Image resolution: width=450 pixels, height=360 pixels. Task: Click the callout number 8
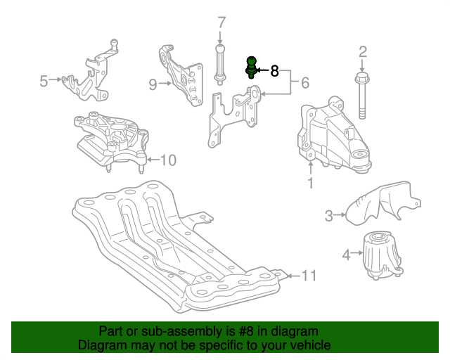tap(275, 70)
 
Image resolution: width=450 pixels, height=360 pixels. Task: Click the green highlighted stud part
tap(251, 67)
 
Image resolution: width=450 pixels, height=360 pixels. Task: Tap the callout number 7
tap(221, 22)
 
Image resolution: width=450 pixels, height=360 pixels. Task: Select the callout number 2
tap(363, 52)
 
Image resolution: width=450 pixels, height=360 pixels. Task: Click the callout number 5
tap(44, 81)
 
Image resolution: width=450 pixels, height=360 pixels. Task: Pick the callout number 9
tap(153, 84)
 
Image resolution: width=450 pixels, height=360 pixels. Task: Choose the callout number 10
tap(168, 160)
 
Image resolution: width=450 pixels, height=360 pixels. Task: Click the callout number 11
tap(309, 276)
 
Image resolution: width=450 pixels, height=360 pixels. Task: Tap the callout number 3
tap(329, 216)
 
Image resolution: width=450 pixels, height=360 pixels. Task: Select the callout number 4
tap(347, 255)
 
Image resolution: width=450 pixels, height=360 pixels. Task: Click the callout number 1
tap(311, 183)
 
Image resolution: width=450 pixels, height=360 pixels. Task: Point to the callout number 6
tap(305, 83)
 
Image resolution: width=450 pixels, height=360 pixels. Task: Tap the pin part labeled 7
tap(220, 65)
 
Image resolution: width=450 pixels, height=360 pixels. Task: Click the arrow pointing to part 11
tap(293, 276)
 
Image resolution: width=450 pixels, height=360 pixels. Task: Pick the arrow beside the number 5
tap(55, 79)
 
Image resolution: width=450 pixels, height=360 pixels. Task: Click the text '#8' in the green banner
tap(246, 332)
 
